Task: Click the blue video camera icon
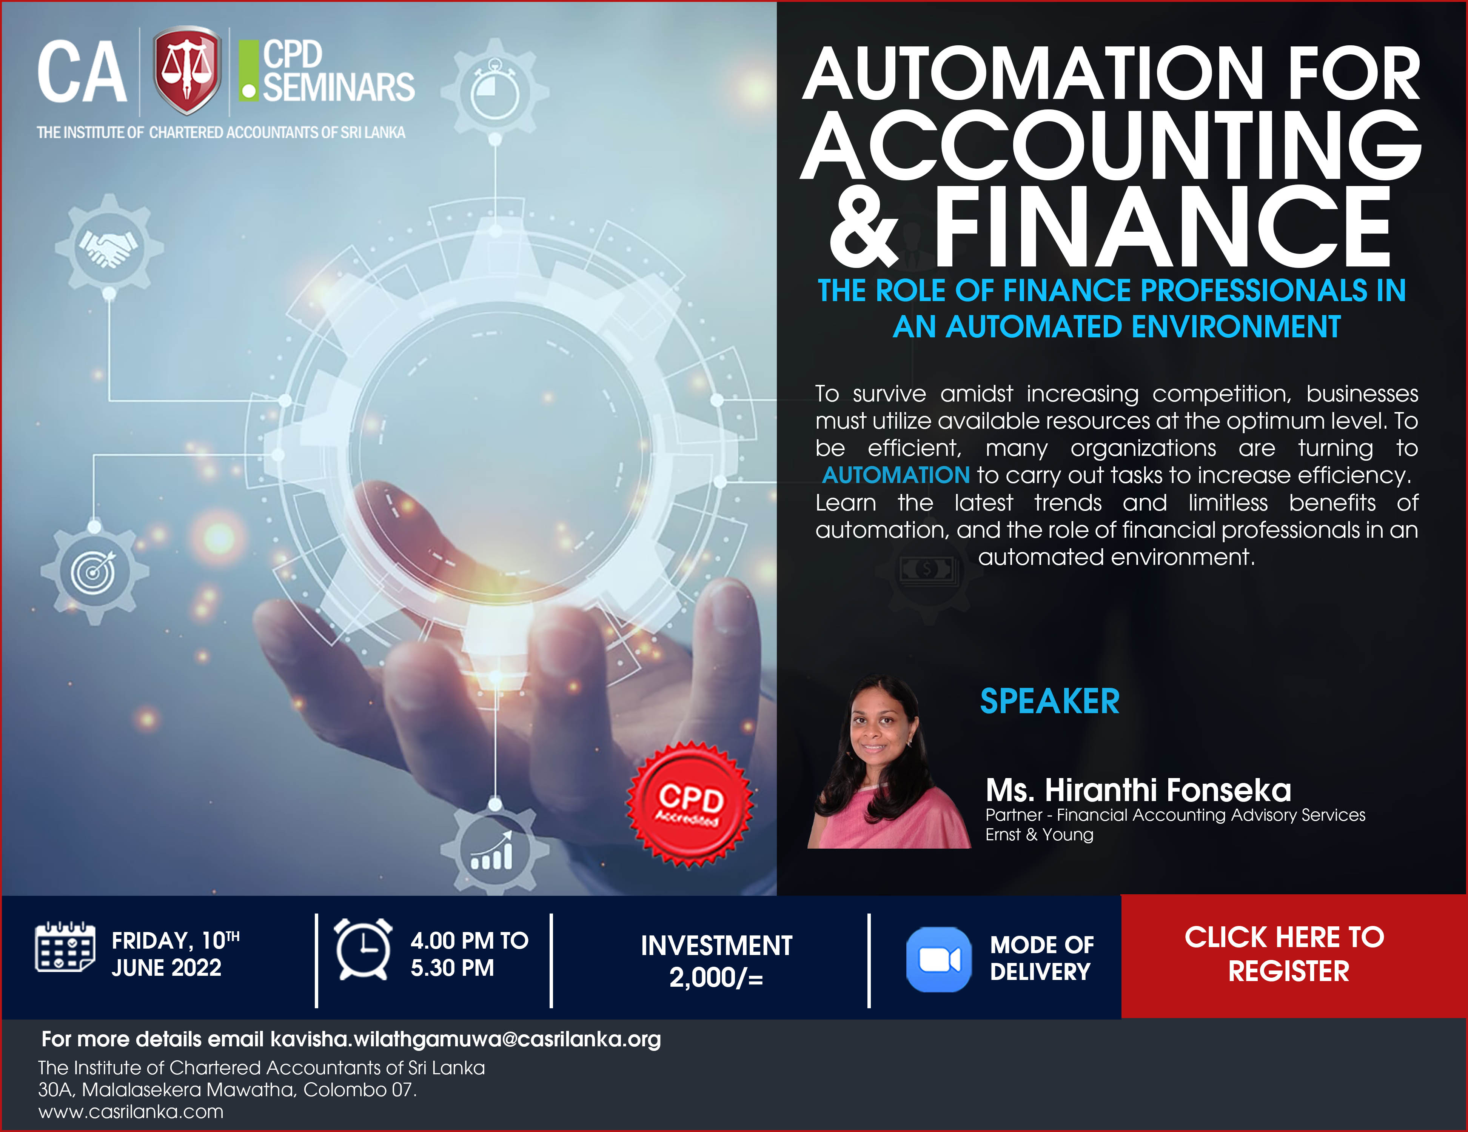coord(938,959)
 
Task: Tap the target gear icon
coord(94,572)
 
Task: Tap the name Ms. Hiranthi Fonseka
coord(1138,790)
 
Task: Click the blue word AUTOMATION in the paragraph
coord(896,475)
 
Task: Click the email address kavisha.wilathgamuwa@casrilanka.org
coord(465,1039)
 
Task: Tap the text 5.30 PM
coord(452,967)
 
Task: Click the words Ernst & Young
coord(1039,834)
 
